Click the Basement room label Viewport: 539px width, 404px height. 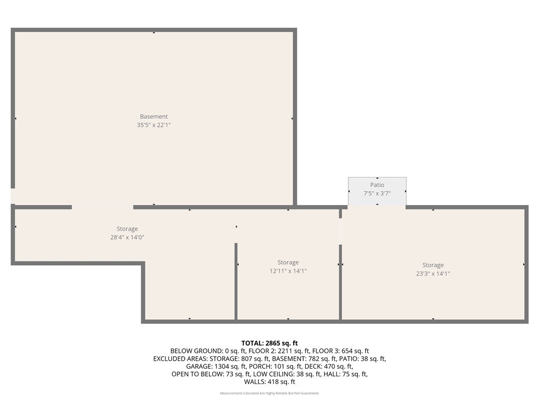point(154,117)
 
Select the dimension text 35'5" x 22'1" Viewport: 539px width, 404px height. point(154,125)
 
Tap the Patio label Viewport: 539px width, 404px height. point(377,185)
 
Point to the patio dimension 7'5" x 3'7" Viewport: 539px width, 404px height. point(377,194)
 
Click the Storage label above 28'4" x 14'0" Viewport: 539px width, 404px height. point(127,229)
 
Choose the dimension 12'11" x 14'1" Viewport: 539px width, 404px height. point(288,271)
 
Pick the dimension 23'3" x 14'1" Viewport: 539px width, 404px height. point(433,274)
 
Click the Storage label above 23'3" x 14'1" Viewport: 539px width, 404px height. point(433,265)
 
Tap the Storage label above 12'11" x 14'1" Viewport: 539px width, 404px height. point(288,262)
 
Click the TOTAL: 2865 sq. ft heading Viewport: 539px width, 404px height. point(269,343)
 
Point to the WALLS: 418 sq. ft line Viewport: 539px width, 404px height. point(269,382)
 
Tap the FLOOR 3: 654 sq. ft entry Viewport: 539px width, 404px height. point(341,351)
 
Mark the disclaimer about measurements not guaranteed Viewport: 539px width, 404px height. point(269,393)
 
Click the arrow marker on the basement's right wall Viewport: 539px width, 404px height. point(292,118)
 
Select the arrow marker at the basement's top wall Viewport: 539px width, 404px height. point(154,33)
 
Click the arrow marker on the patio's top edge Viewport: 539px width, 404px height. point(377,179)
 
